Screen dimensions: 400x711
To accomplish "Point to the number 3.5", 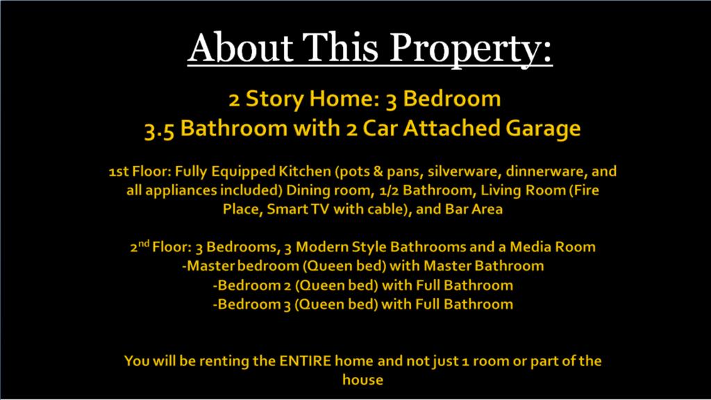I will click(160, 129).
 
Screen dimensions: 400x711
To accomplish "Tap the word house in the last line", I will click(362, 381).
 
